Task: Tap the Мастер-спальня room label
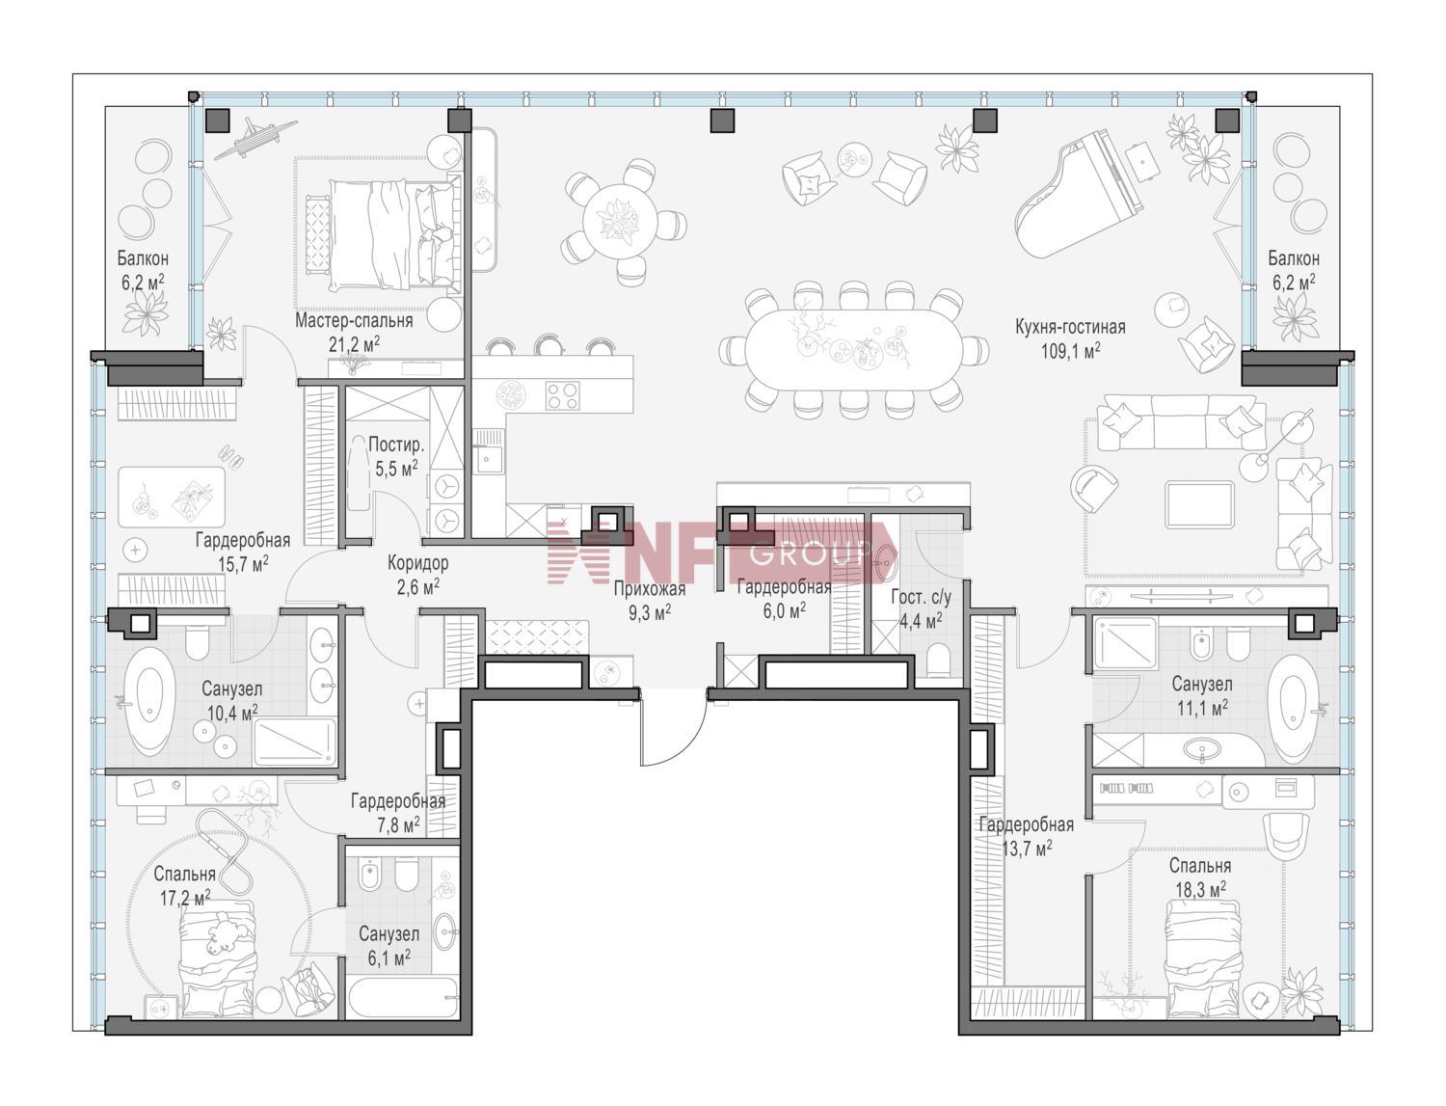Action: (x=354, y=321)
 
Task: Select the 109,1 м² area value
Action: (x=1070, y=351)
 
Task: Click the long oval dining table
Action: (x=853, y=350)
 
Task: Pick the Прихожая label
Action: (x=650, y=588)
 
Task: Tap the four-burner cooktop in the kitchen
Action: (x=562, y=396)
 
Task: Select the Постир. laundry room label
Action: (x=396, y=445)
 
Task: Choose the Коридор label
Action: (x=417, y=562)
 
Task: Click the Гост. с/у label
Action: (x=921, y=598)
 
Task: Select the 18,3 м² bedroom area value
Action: (x=1200, y=889)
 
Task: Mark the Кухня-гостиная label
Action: (x=1070, y=327)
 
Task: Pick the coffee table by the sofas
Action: (x=1199, y=504)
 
